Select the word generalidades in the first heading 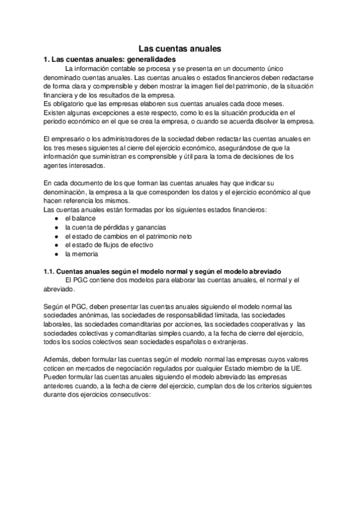pos(150,60)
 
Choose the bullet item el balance pos(79,218)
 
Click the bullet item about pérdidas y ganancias pos(115,227)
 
